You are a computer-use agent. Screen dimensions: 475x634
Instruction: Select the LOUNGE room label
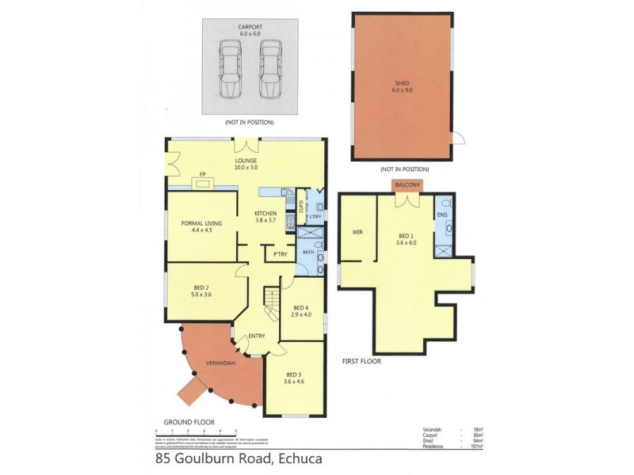246,163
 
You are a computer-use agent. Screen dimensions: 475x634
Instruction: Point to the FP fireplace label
203,174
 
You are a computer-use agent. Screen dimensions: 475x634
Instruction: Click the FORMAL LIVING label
201,227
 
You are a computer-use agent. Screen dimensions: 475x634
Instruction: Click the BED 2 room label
201,291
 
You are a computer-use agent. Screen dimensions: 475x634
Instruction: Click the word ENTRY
257,336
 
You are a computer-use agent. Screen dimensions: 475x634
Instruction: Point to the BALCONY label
407,184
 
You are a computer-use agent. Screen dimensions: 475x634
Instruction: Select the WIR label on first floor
357,231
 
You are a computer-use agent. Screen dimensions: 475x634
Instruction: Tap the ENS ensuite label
442,214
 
